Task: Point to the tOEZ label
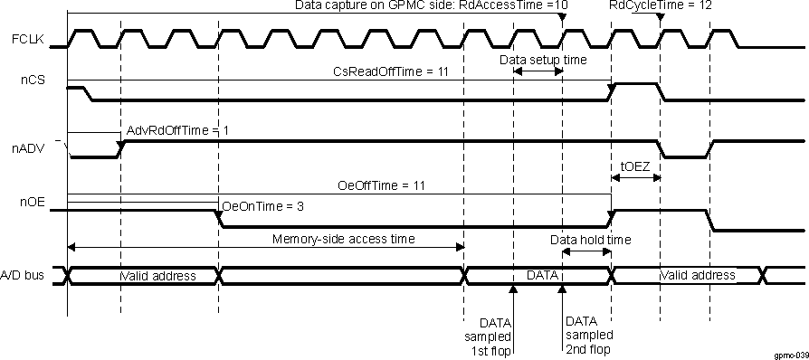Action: [x=634, y=166]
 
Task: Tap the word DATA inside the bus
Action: [x=540, y=274]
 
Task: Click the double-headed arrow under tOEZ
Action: [x=636, y=179]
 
